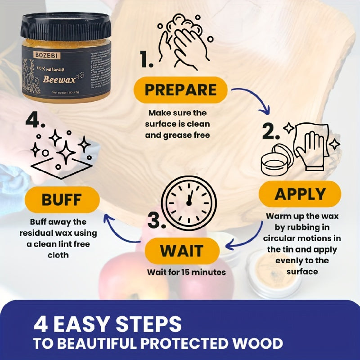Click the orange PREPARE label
pos(181,90)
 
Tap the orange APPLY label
pos(300,194)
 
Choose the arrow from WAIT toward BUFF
pos(121,229)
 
